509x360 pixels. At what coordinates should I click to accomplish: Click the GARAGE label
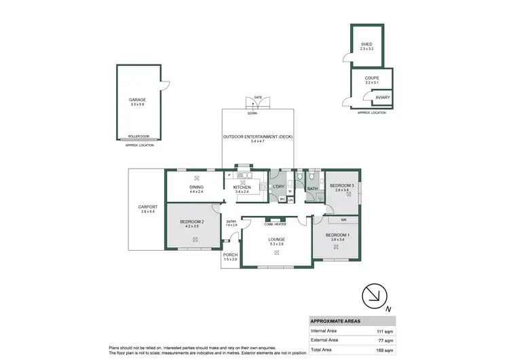138,100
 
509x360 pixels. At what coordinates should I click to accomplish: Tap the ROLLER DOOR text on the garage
138,136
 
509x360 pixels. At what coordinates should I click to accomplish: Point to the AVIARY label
382,97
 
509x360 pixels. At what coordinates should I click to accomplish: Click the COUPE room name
371,77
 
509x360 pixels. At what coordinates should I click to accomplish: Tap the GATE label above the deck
258,98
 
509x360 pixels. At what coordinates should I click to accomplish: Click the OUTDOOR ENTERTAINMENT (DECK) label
258,137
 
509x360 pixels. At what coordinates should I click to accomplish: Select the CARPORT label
147,207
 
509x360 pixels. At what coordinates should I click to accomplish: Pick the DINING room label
196,187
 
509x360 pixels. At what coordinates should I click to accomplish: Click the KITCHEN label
242,187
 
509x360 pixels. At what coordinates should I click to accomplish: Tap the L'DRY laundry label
278,187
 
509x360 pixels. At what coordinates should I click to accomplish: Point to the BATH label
312,189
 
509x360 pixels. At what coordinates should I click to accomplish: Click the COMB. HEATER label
276,223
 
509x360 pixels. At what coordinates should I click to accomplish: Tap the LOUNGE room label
276,239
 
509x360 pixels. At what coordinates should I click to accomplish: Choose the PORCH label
231,255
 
